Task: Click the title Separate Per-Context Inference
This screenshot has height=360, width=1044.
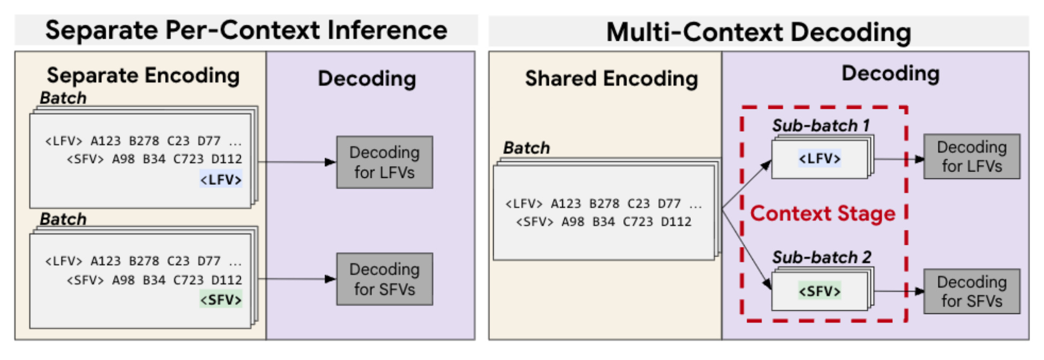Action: tap(246, 30)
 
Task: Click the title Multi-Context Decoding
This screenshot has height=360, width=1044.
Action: tap(758, 32)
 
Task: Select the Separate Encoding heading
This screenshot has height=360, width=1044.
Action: tap(143, 76)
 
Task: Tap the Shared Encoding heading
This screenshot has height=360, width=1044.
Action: tap(612, 79)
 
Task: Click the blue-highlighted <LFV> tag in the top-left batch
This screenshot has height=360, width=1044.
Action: tap(221, 179)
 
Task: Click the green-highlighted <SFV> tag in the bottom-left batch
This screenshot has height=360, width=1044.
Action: tap(221, 299)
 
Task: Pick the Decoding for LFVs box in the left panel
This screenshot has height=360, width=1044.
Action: tap(384, 162)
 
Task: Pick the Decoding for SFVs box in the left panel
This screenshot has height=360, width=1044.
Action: tap(384, 279)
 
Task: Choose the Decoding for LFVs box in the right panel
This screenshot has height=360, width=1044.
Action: tap(972, 156)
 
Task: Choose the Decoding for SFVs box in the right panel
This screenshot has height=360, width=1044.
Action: tap(972, 291)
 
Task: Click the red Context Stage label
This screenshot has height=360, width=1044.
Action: tap(823, 214)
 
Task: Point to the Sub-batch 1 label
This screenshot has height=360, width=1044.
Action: tap(821, 125)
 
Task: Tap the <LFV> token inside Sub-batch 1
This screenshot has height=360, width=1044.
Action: tap(819, 159)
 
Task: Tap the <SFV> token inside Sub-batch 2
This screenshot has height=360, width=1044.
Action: tap(819, 291)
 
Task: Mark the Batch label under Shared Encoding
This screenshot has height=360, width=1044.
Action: tap(526, 148)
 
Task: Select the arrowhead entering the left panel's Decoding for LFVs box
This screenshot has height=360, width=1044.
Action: tap(331, 162)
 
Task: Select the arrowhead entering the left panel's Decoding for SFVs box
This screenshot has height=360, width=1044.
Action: tap(331, 279)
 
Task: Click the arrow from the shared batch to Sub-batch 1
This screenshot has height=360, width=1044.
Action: tap(747, 184)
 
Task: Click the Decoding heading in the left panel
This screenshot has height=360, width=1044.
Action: tap(367, 79)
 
